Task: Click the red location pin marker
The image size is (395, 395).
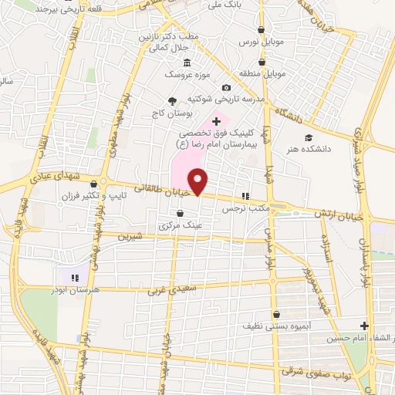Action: [198, 181]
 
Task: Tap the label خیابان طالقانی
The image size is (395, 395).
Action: [160, 187]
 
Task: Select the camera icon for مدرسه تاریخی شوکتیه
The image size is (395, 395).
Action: [225, 88]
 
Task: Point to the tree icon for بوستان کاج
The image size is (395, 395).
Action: [171, 102]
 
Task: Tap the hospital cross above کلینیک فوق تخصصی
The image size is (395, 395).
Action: [216, 121]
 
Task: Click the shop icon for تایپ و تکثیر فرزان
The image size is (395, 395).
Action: [94, 184]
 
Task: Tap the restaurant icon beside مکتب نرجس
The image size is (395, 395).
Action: [247, 196]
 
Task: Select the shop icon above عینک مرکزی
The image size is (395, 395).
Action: [180, 214]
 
